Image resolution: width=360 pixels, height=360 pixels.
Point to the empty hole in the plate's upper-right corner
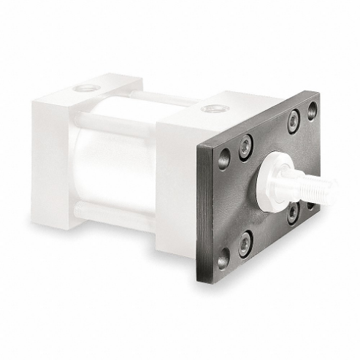[313, 110]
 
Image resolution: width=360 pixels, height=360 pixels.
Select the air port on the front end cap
[213, 109]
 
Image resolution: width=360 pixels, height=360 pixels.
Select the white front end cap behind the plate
[179, 183]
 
